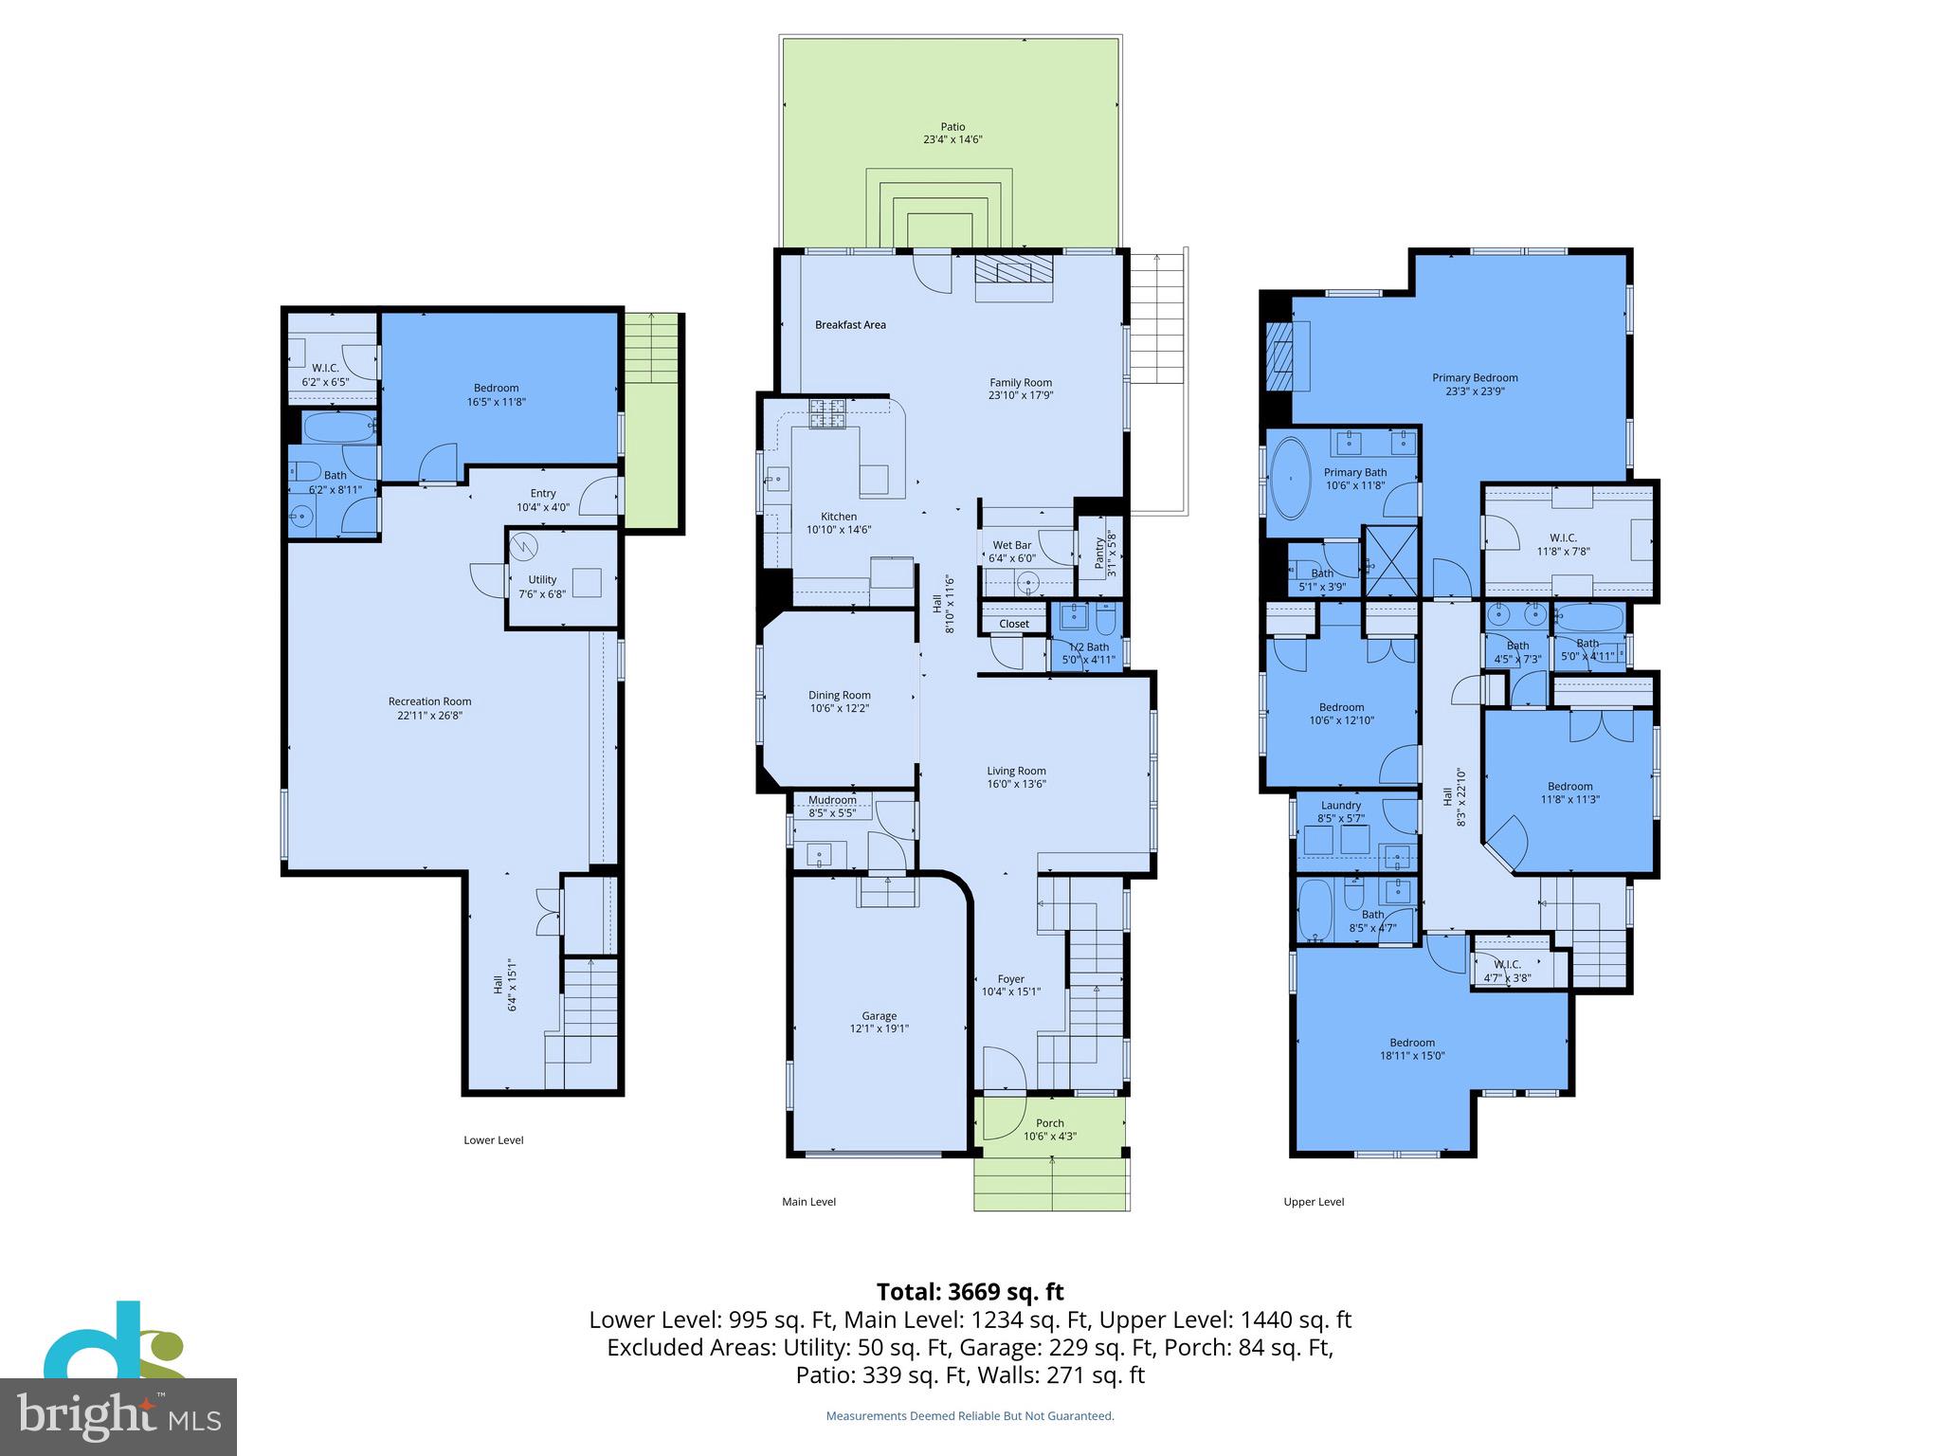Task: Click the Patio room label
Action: click(x=952, y=127)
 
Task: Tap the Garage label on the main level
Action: click(x=879, y=1016)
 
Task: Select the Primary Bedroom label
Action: click(x=1475, y=378)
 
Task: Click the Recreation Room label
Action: click(x=429, y=702)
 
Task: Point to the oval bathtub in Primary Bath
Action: click(x=1289, y=477)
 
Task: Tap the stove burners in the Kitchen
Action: click(x=826, y=414)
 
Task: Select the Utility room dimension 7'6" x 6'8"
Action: click(x=542, y=595)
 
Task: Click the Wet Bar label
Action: click(x=1011, y=546)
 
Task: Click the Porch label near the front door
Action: click(x=1049, y=1123)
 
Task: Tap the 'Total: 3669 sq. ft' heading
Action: click(x=970, y=1292)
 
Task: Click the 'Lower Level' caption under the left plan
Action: click(x=493, y=1140)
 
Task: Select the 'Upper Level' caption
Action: click(x=1314, y=1202)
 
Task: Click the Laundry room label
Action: click(x=1340, y=806)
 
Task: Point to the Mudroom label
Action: click(x=832, y=800)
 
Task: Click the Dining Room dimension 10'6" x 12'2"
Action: click(x=839, y=709)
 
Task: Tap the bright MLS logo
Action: click(x=118, y=1416)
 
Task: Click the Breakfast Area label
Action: click(x=850, y=325)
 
